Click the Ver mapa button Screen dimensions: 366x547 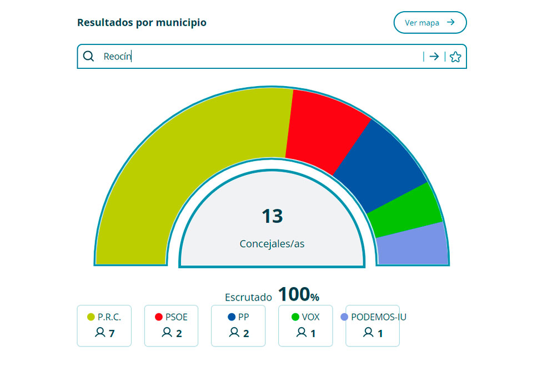coord(430,23)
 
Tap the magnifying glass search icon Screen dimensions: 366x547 coord(88,56)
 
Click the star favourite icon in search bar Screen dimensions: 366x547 coord(455,57)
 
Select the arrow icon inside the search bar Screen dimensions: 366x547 coord(434,57)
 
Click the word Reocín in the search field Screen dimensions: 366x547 coord(117,57)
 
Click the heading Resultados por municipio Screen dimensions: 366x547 coord(142,23)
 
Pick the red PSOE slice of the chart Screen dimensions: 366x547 coord(322,131)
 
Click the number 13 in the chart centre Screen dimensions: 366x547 coord(272,216)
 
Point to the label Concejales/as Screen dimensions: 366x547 coord(272,244)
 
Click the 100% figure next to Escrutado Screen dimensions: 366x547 coord(299,295)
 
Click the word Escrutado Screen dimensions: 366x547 coord(248,297)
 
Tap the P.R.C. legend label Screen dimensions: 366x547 coord(109,317)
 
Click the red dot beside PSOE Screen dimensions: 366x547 coord(158,317)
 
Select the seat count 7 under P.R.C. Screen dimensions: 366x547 coord(112,333)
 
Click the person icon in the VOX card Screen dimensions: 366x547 coord(302,333)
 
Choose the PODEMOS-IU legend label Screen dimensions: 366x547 coord(379,317)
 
